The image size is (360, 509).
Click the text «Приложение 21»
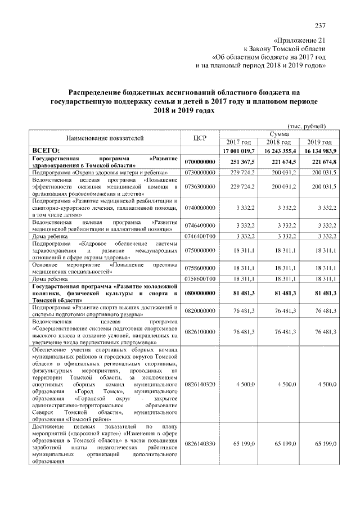click(299, 41)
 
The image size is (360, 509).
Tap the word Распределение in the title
click(98, 92)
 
